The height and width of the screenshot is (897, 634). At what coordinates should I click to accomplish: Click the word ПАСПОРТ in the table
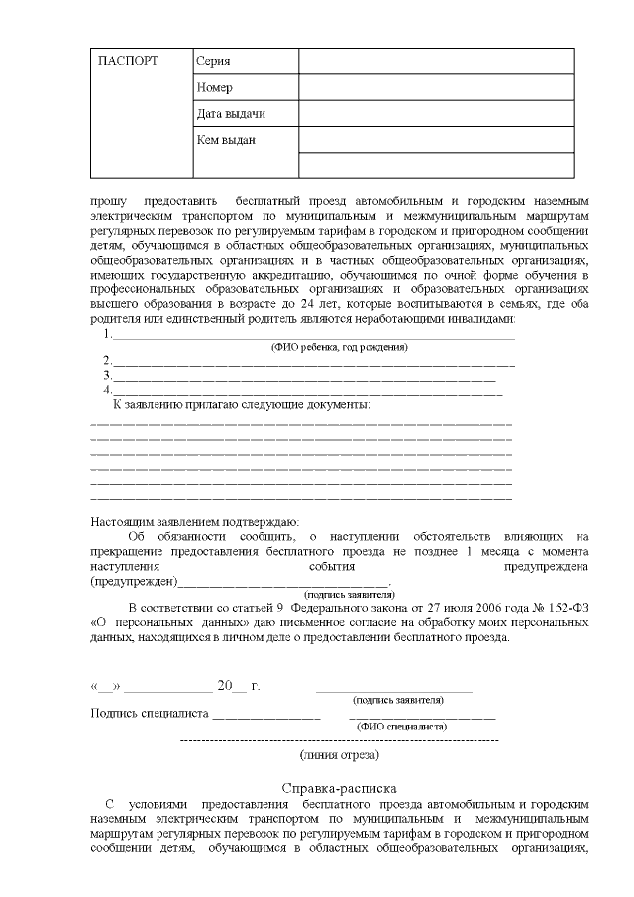[x=129, y=62]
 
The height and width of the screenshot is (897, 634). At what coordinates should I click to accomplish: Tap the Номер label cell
[x=215, y=88]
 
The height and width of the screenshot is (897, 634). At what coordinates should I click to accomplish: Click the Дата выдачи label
[x=231, y=114]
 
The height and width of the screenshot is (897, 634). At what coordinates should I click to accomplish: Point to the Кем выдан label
[x=226, y=140]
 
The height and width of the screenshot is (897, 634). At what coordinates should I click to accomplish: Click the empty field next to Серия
[x=436, y=61]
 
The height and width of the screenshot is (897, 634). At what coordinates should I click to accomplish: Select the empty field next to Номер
[x=436, y=88]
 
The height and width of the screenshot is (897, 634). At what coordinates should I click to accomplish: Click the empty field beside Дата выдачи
[x=436, y=114]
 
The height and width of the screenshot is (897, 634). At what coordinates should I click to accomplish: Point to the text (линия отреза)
[x=340, y=755]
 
